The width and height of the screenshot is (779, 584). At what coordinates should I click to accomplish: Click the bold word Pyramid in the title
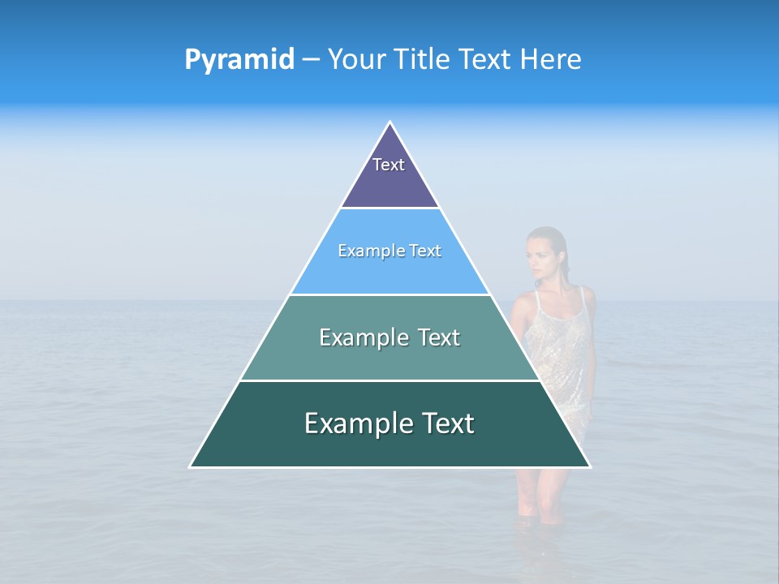coord(239,60)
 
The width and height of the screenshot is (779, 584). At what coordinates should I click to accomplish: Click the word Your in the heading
coord(357,59)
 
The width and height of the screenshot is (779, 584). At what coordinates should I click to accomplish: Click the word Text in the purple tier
coord(389,165)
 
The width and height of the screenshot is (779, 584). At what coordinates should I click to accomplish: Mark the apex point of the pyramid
coord(390,122)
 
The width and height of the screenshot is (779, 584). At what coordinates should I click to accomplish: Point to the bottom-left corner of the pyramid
coord(191,466)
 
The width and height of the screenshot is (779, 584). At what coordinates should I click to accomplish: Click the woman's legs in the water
coord(540,491)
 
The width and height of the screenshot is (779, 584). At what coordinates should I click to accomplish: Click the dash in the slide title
coord(311,60)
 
